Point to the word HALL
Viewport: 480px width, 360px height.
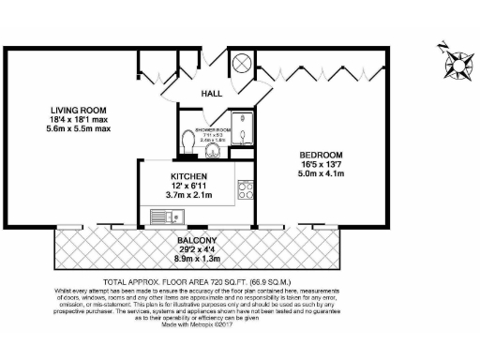[213, 94]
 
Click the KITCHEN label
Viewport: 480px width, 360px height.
[188, 176]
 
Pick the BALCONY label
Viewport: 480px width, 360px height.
[198, 240]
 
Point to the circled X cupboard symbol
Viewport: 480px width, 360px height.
[241, 62]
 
